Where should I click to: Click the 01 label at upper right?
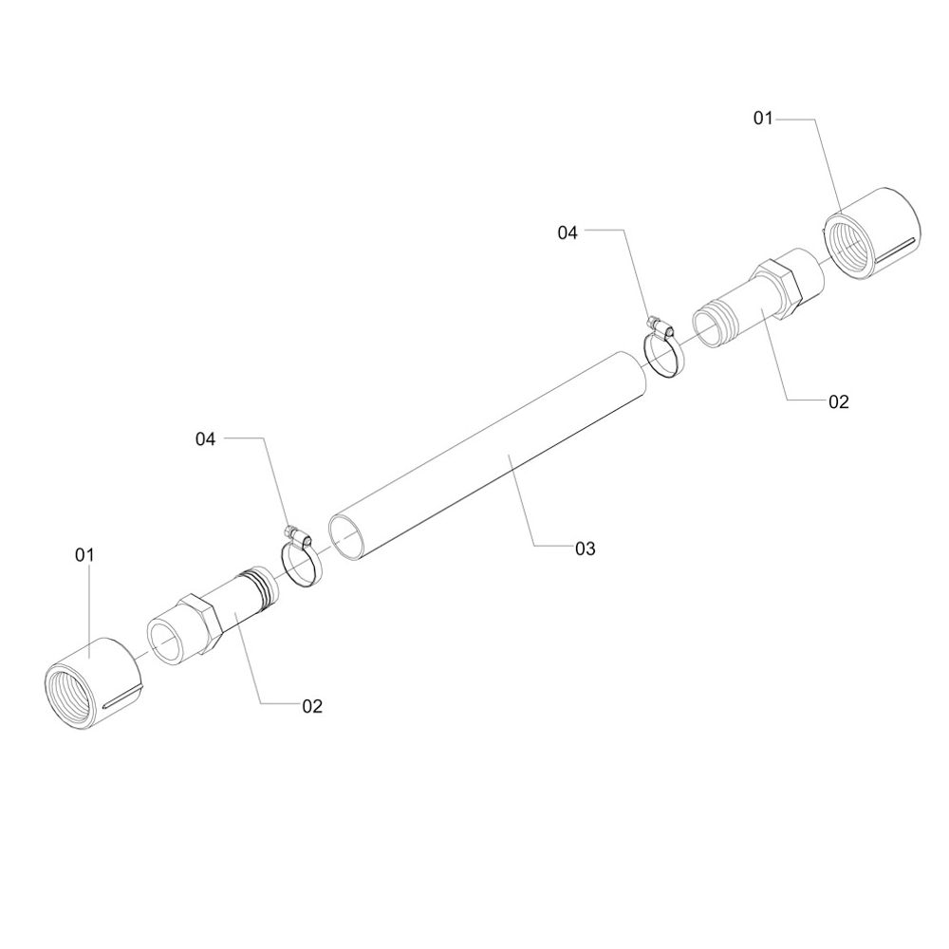coord(763,118)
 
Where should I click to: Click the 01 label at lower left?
coord(84,554)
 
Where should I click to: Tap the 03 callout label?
coord(586,549)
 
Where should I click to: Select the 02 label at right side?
coord(839,401)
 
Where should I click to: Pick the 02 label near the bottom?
coord(312,706)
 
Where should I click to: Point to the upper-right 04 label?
coord(568,233)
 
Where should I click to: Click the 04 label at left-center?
coord(205,438)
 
